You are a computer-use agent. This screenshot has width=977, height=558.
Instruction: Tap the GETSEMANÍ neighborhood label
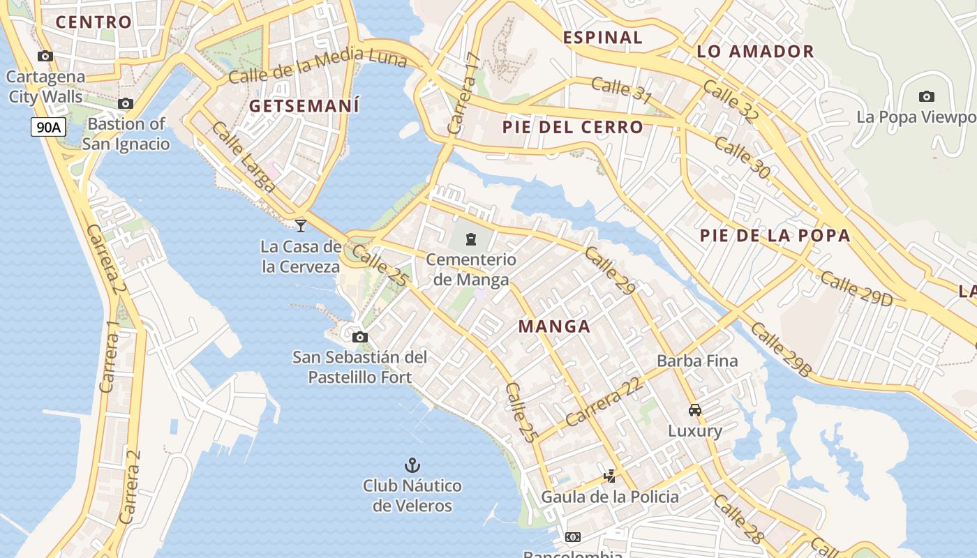coord(304,106)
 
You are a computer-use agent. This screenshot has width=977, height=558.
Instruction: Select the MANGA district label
coord(554,326)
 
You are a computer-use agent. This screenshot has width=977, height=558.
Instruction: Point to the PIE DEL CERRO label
coord(572,127)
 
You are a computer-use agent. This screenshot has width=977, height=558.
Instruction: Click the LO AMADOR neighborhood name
coord(755,51)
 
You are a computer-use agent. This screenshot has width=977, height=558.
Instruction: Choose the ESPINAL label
coord(602,37)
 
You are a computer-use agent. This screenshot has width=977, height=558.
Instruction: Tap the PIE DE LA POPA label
coord(775,235)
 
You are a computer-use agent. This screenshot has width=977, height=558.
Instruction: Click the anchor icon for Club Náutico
coord(412,465)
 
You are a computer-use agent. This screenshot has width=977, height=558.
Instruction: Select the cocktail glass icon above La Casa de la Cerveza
coord(301,225)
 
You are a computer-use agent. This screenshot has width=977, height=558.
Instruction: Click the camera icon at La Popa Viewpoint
coord(926,96)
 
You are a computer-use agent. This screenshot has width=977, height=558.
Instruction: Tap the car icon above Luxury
coord(694,409)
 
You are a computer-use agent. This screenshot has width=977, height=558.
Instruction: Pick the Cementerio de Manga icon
coord(471,240)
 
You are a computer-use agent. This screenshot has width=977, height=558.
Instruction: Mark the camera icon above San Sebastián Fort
coord(360,338)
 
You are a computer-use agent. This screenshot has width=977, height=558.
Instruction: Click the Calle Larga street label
coord(244,158)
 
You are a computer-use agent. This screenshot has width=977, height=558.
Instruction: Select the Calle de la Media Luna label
coord(318,66)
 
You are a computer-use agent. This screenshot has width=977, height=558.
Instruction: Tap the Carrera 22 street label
coord(604,403)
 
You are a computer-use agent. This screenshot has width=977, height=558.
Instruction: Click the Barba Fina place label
coord(697,361)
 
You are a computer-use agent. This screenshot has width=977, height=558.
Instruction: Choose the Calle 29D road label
coord(856,287)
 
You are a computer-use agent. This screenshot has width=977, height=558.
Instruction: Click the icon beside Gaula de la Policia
coord(610,476)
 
